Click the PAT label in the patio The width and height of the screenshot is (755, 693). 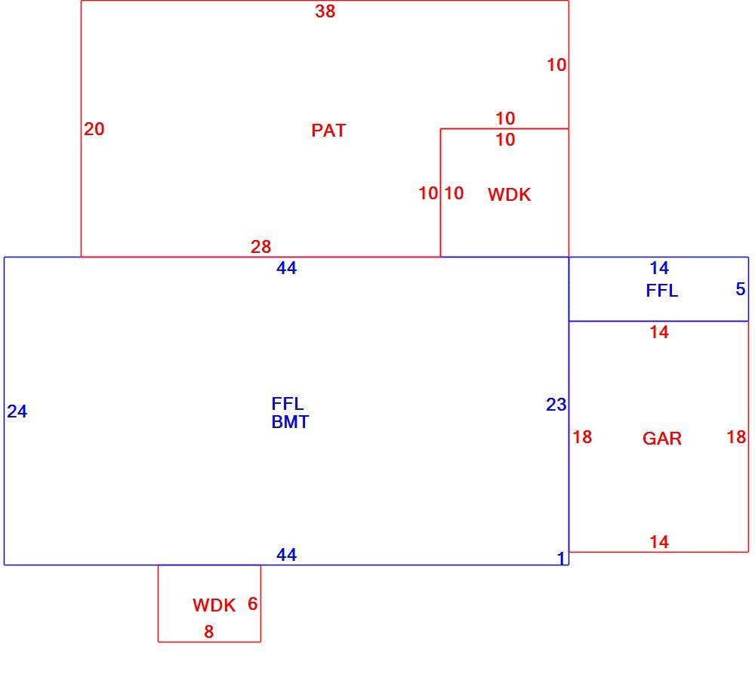click(328, 131)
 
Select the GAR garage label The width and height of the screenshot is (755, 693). click(662, 439)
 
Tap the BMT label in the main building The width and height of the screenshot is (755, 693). click(290, 422)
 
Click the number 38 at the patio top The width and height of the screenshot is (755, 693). click(325, 11)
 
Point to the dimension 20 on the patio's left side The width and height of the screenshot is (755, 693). click(94, 129)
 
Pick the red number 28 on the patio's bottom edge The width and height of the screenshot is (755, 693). click(260, 247)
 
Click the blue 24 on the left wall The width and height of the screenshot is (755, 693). click(17, 411)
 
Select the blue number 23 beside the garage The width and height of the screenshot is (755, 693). click(556, 405)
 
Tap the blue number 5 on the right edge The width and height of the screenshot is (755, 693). click(741, 289)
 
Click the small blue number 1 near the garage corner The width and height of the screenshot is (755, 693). click(561, 558)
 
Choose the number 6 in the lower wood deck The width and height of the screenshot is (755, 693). click(252, 603)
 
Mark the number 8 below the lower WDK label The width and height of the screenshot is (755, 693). click(208, 631)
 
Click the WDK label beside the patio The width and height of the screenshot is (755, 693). click(510, 195)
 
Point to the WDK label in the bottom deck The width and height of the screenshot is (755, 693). click(214, 605)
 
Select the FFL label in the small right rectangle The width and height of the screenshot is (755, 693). click(662, 291)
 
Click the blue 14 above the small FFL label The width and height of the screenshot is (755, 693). click(659, 268)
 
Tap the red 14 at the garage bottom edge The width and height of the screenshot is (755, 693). click(659, 542)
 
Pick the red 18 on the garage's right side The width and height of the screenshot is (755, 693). click(736, 437)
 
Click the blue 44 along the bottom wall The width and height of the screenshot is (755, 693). click(286, 555)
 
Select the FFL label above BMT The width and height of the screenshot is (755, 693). click(288, 404)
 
